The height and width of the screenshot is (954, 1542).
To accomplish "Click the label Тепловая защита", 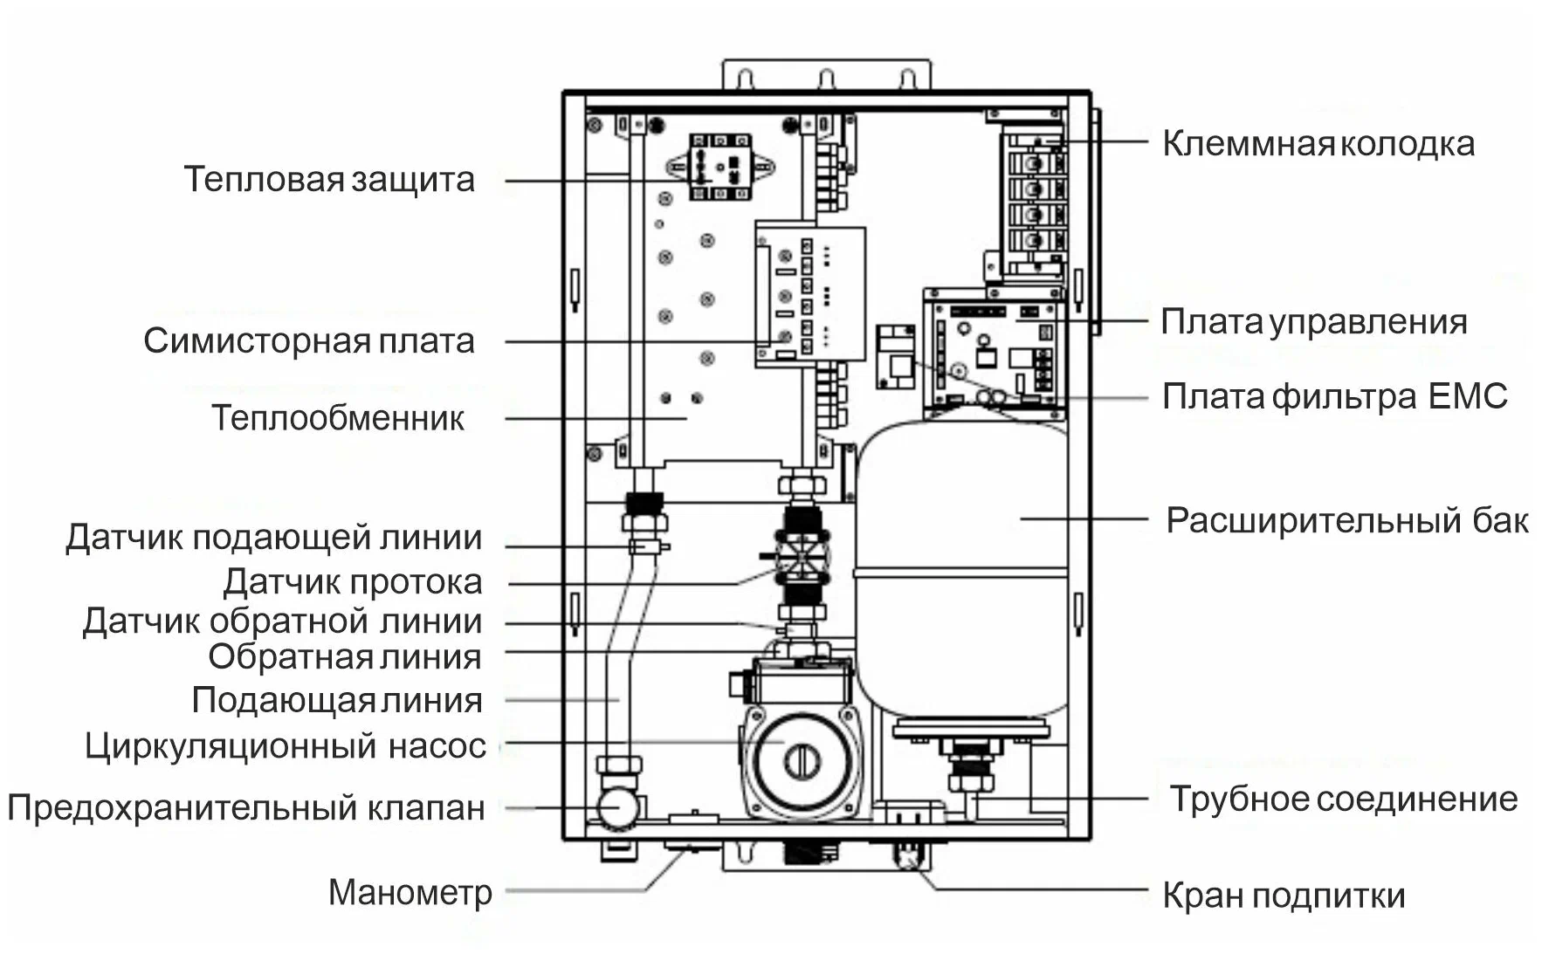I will pyautogui.click(x=329, y=180).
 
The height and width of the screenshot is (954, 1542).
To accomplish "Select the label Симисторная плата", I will pyautogui.click(x=309, y=340).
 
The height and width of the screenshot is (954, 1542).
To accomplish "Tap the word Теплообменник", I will pyautogui.click(x=338, y=418).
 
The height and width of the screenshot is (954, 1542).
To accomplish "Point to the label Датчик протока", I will pyautogui.click(x=352, y=581).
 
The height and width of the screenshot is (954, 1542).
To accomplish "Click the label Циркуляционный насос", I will pyautogui.click(x=285, y=746).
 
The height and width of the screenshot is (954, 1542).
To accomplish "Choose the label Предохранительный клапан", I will pyautogui.click(x=246, y=807).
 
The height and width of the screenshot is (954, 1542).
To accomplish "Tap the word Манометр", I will pyautogui.click(x=410, y=892).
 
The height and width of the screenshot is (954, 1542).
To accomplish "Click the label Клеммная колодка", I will pyautogui.click(x=1318, y=144).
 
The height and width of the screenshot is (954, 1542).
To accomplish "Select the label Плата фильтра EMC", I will pyautogui.click(x=1334, y=396).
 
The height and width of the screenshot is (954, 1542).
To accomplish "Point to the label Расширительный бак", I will pyautogui.click(x=1346, y=520).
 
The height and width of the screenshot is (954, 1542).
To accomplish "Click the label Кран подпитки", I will pyautogui.click(x=1283, y=896).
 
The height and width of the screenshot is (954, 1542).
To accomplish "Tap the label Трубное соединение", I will pyautogui.click(x=1343, y=799).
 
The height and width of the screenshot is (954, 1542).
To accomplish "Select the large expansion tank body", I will pyautogui.click(x=960, y=567).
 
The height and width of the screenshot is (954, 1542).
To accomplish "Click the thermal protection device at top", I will pyautogui.click(x=720, y=166).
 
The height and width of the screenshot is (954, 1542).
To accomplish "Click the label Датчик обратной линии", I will pyautogui.click(x=282, y=621).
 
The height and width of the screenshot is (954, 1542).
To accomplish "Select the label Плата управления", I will pyautogui.click(x=1313, y=322).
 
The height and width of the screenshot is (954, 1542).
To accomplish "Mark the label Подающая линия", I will pyautogui.click(x=336, y=700).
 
